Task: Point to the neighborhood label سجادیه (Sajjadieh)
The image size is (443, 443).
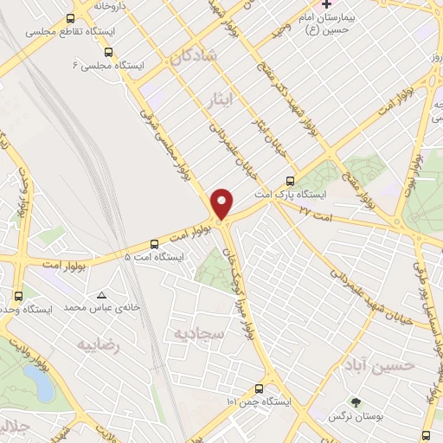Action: [199, 333]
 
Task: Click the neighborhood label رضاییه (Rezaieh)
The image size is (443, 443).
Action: [97, 345]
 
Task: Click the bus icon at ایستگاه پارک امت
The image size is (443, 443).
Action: [289, 182]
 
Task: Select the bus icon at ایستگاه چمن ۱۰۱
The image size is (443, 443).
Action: [258, 388]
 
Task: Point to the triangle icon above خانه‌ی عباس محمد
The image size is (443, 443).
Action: [103, 294]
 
